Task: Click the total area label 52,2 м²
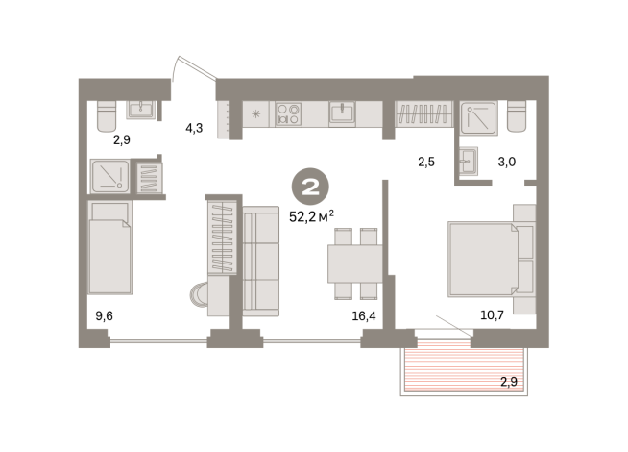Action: click(311, 216)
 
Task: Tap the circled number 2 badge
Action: click(310, 187)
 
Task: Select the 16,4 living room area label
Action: click(364, 316)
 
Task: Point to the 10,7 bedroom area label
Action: click(492, 315)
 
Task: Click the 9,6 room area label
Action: click(104, 316)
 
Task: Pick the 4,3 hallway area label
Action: click(194, 128)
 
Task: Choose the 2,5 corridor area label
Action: click(426, 162)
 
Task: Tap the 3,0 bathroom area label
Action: click(507, 162)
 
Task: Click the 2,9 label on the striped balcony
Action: click(509, 382)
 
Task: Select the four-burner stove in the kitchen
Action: click(289, 113)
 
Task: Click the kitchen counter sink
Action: click(342, 113)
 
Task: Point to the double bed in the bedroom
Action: click(484, 260)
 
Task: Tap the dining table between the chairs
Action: click(355, 264)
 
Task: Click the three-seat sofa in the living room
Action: click(261, 261)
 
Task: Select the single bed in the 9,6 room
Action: click(110, 247)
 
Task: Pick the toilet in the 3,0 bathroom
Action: click(517, 116)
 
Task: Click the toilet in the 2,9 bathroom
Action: click(107, 116)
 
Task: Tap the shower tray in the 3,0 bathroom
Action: click(478, 117)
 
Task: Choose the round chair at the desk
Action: click(199, 295)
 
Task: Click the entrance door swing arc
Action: click(175, 68)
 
